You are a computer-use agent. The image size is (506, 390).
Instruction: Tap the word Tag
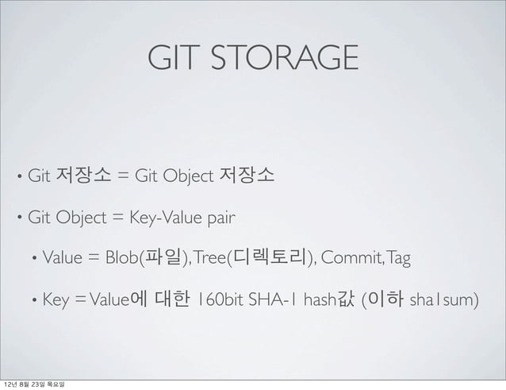point(398,257)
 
